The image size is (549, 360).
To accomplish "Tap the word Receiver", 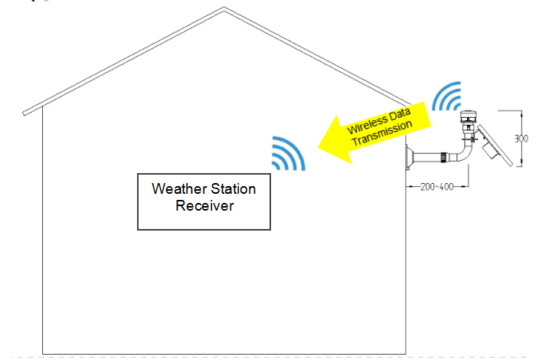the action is click(x=204, y=205).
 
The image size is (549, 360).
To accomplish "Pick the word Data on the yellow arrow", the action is click(x=399, y=114).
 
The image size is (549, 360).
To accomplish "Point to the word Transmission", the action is click(x=381, y=133).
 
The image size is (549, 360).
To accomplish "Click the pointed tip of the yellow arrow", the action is click(x=319, y=147).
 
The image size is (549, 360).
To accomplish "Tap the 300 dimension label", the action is click(x=521, y=139).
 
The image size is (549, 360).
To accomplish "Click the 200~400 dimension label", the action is click(x=437, y=187).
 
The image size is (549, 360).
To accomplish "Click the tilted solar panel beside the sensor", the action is click(x=495, y=146).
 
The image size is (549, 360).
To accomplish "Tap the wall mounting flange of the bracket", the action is click(x=409, y=158).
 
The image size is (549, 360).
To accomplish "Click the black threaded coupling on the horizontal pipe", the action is click(x=443, y=157).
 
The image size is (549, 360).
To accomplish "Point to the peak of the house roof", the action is click(x=224, y=8).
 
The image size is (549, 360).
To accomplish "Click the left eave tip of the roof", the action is click(x=25, y=113).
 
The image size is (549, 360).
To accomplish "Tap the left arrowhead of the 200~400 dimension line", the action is click(x=409, y=187).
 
